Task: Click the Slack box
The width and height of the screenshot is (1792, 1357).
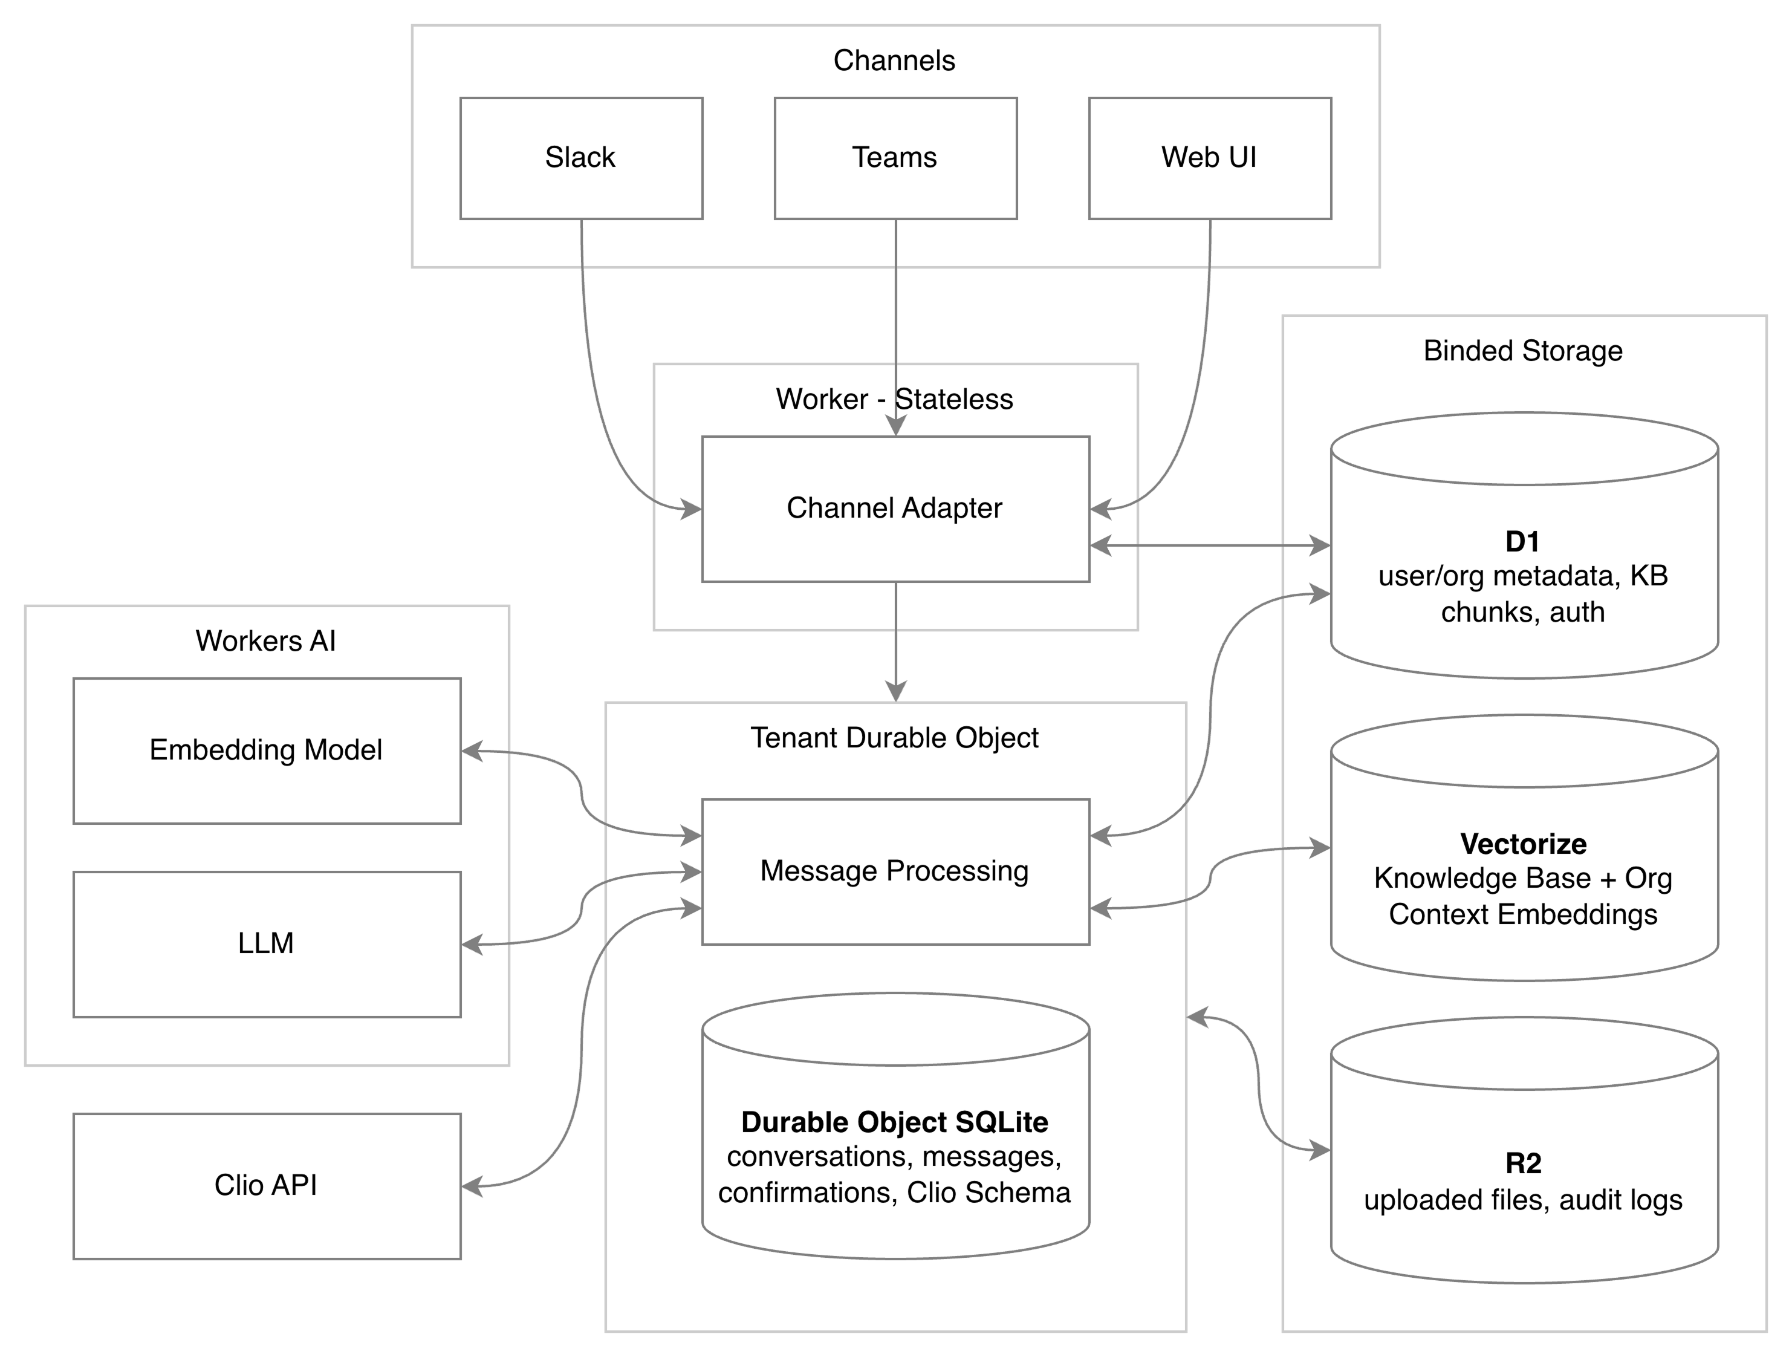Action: pos(581,158)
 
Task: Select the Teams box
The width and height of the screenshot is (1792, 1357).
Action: pos(895,158)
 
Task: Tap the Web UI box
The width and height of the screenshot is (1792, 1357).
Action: pos(1210,158)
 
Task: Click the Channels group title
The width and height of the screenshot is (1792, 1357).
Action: pos(894,60)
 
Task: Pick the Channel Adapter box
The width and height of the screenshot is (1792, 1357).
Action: pos(895,509)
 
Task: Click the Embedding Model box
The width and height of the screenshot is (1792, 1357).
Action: pos(267,750)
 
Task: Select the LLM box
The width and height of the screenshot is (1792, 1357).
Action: pos(267,944)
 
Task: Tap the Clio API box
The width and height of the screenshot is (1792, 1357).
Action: pos(267,1185)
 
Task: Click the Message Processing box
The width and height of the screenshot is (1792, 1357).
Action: pos(895,871)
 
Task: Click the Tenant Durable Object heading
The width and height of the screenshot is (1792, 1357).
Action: pos(894,738)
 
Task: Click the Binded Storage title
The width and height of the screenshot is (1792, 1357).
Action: pos(1523,351)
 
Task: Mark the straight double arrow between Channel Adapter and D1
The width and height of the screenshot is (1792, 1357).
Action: pos(1210,546)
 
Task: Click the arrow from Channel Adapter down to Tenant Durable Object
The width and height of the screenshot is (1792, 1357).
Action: pos(895,640)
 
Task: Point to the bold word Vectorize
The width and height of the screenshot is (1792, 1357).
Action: pos(1523,844)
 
